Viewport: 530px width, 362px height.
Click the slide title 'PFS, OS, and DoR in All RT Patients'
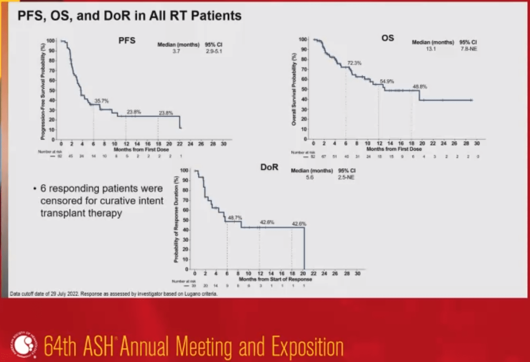[x=129, y=16]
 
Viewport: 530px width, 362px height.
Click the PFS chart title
[x=127, y=40]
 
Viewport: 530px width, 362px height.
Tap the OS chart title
[x=388, y=38]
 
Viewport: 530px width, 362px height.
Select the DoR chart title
[x=269, y=167]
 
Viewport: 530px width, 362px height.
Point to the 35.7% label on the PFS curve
[x=102, y=101]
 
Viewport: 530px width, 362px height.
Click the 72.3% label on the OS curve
[x=354, y=63]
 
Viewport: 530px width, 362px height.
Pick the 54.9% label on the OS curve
[x=387, y=82]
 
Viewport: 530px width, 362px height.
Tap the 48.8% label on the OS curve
[x=420, y=87]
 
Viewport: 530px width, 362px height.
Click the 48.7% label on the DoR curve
[x=235, y=218]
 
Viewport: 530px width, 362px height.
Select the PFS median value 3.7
[x=176, y=51]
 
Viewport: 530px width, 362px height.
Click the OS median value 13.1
[x=431, y=49]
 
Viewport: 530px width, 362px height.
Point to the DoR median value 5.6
[x=310, y=177]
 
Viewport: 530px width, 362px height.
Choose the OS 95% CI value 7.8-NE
[x=469, y=49]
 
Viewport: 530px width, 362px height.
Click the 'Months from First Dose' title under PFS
[x=141, y=149]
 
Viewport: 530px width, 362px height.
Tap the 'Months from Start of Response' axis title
[x=275, y=279]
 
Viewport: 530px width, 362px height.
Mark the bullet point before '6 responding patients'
[x=35, y=189]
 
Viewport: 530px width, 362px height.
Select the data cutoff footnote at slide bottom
[x=113, y=294]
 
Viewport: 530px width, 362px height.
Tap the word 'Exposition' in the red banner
[x=307, y=346]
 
